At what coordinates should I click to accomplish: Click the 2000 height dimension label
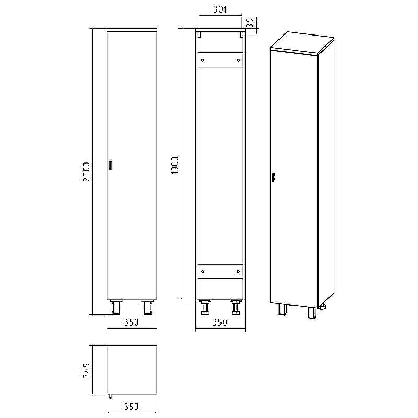(87, 171)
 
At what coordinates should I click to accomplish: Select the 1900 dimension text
(176, 165)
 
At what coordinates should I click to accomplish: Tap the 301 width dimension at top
(220, 9)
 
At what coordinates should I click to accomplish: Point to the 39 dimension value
(250, 23)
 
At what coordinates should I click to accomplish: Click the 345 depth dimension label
(87, 370)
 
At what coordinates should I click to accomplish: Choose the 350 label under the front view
(131, 322)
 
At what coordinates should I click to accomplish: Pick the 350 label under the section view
(220, 322)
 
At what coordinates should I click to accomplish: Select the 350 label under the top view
(131, 406)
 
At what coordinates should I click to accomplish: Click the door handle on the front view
(110, 166)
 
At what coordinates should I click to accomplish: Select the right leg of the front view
(147, 307)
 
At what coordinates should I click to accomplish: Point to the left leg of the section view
(204, 308)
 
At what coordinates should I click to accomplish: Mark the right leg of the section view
(236, 308)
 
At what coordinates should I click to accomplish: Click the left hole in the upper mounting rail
(203, 60)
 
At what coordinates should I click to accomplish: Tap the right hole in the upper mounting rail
(238, 60)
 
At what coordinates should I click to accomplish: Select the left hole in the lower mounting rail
(203, 272)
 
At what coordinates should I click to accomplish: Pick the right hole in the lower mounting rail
(238, 272)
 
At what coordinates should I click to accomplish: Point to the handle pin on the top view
(110, 396)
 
